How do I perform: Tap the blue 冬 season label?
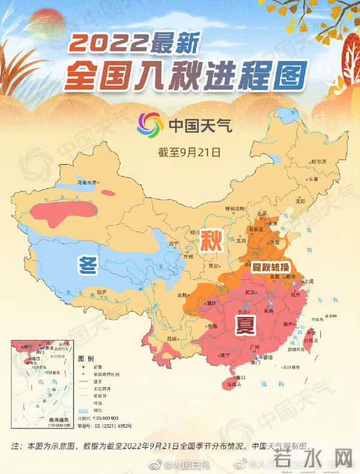[88, 264]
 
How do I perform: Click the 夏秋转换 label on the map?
[264, 265]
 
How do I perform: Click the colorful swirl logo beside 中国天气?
[150, 125]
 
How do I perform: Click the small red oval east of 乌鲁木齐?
[108, 193]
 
